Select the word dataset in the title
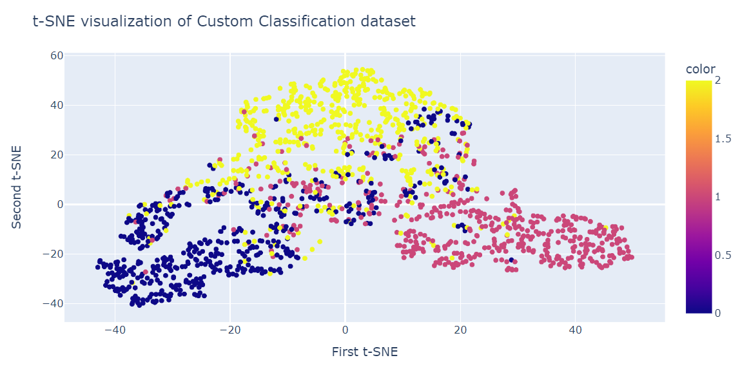click(389, 21)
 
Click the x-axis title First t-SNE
click(364, 352)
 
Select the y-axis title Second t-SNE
click(17, 187)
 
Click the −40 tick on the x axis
click(114, 330)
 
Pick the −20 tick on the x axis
click(229, 330)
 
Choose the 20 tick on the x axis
click(460, 330)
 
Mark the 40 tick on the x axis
click(576, 330)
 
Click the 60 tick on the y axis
click(57, 56)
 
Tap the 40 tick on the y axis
click(57, 106)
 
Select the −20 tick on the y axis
click(54, 254)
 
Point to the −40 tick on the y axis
click(54, 303)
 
